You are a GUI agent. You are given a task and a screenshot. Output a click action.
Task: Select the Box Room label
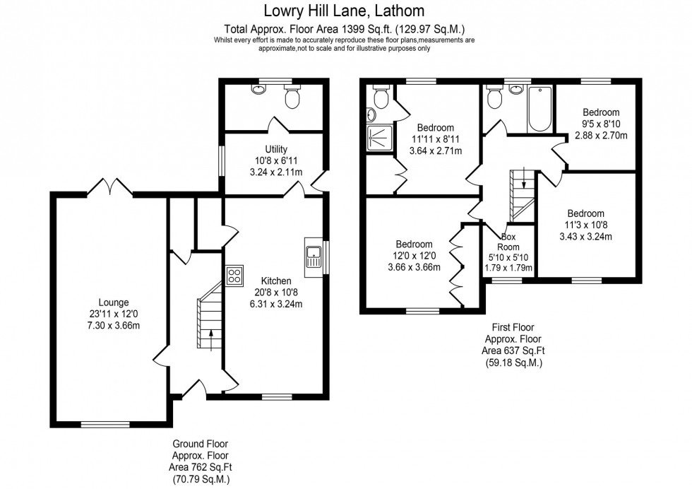click(x=508, y=242)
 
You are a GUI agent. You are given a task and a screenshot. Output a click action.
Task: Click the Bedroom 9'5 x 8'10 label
click(x=601, y=112)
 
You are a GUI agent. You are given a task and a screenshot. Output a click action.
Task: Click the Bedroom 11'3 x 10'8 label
click(x=585, y=213)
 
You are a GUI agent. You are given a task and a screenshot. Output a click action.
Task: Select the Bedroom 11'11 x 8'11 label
click(x=436, y=128)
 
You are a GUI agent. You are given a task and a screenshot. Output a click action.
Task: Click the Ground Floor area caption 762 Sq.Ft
click(x=201, y=466)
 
